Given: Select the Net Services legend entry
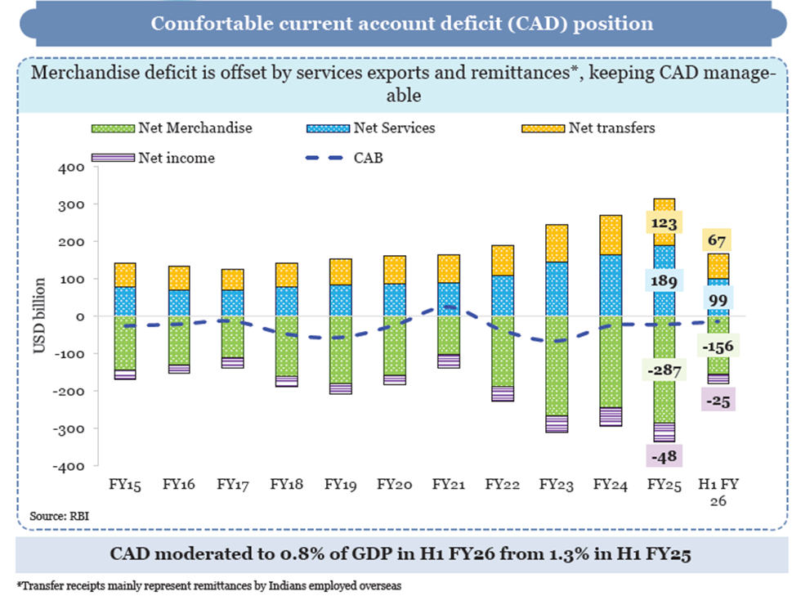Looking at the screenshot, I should tap(394, 128).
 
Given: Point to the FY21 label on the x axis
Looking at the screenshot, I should tap(449, 486).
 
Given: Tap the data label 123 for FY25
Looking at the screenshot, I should tap(664, 222).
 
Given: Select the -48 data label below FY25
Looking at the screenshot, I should tap(664, 455).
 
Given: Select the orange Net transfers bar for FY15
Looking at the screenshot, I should tap(126, 275).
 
